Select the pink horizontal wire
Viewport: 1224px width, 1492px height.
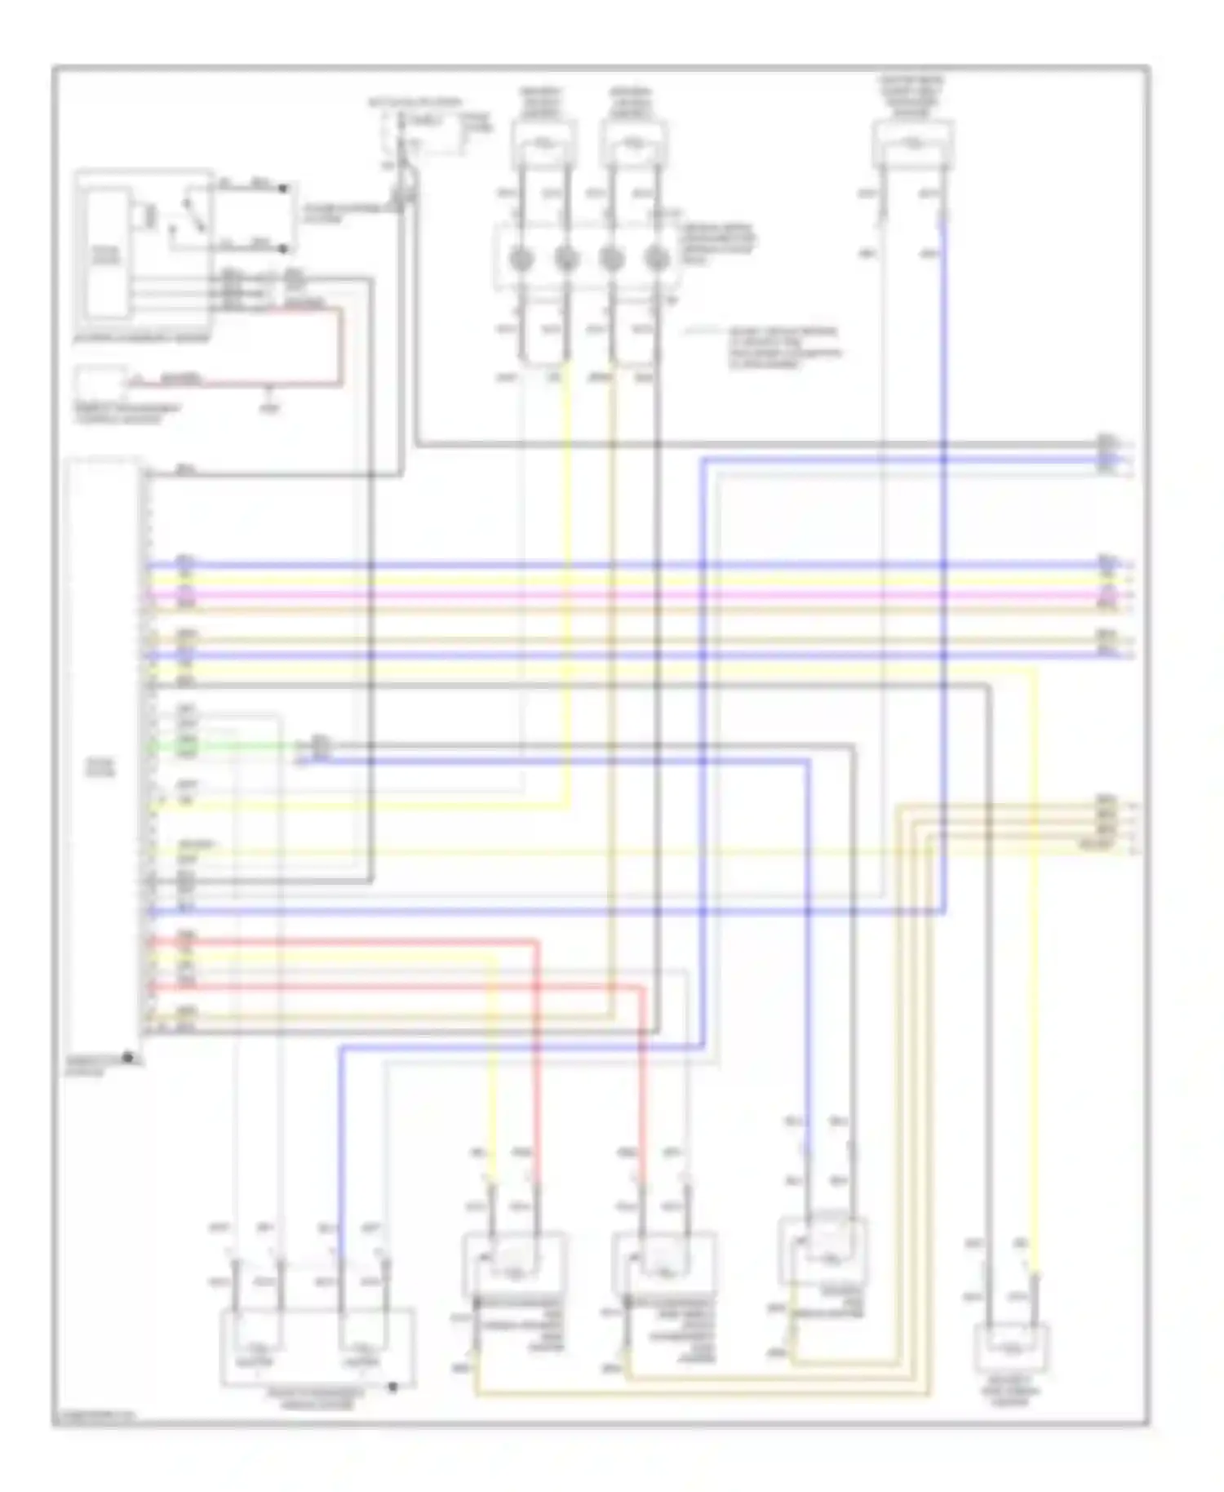pyautogui.click(x=620, y=595)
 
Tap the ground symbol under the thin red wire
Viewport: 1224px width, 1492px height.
pyautogui.click(x=270, y=405)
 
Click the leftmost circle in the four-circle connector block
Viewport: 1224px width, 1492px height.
pyautogui.click(x=521, y=260)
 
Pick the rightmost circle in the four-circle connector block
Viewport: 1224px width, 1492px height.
pyautogui.click(x=656, y=260)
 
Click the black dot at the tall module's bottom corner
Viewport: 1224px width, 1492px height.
pyautogui.click(x=128, y=1058)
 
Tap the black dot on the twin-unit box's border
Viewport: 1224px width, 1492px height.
pyautogui.click(x=392, y=1387)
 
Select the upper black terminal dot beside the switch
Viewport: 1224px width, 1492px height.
pyautogui.click(x=283, y=189)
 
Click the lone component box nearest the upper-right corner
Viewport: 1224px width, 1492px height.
pyautogui.click(x=912, y=145)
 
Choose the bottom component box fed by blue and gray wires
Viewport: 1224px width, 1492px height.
pyautogui.click(x=823, y=1250)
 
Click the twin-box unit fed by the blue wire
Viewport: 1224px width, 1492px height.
pyautogui.click(x=317, y=1347)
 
